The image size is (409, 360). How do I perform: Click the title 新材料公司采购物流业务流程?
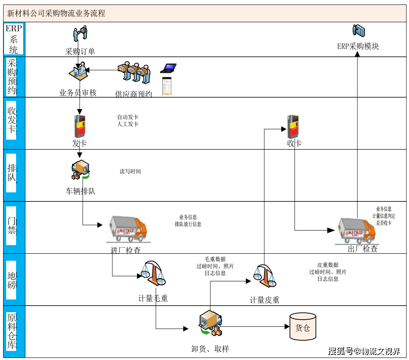(x=56, y=13)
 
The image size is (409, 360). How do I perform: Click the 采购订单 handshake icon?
(x=80, y=33)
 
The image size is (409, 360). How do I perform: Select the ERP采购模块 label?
(x=358, y=46)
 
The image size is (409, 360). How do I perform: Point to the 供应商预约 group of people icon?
(x=134, y=73)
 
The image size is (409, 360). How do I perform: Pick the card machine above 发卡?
(x=80, y=126)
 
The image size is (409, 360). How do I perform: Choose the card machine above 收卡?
(x=293, y=126)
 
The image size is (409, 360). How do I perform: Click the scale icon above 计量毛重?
(x=152, y=273)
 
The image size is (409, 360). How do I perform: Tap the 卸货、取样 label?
(x=210, y=349)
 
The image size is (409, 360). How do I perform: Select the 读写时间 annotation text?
(x=130, y=171)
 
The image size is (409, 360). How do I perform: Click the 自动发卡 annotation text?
(x=128, y=117)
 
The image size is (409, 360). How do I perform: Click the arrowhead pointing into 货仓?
(x=287, y=327)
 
